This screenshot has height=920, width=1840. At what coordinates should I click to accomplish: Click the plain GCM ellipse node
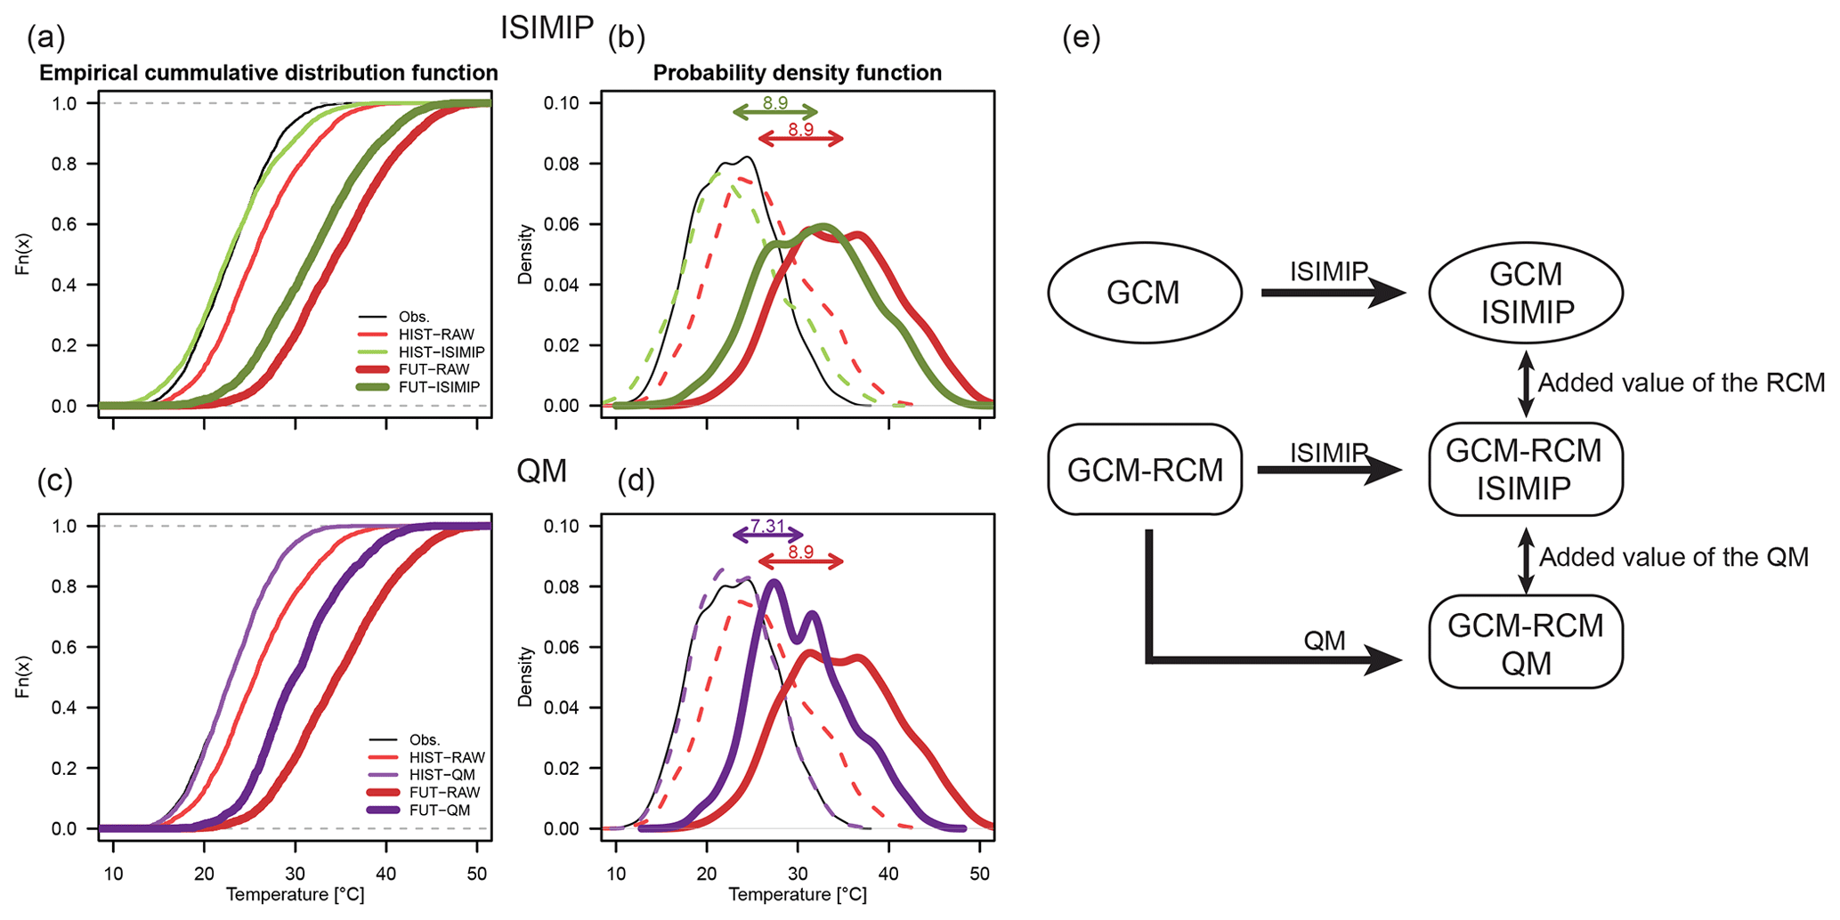pos(1144,293)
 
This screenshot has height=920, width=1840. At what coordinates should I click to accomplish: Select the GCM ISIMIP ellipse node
pos(1526,293)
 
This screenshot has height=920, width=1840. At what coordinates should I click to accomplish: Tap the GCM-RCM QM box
pos(1526,644)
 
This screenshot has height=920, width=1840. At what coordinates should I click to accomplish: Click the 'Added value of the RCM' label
pos(1682,383)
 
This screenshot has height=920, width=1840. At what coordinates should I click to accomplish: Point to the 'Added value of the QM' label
pos(1674,558)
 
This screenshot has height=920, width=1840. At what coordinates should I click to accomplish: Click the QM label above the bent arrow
pos(1324,641)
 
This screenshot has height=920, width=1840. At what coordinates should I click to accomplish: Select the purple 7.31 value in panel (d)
pos(767,527)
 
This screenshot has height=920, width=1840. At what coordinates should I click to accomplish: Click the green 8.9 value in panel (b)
pos(775,103)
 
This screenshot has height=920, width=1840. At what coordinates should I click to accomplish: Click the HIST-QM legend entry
pos(442,775)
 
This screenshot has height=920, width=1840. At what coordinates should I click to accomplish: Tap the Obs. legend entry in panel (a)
pos(414,317)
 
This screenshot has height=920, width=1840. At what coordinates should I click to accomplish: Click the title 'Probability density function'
pos(797,73)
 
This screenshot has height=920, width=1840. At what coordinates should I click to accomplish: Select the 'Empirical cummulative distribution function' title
pos(268,73)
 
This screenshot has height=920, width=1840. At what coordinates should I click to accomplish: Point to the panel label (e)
pos(1081,38)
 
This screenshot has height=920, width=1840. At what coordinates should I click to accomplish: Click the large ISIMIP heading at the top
pos(547,28)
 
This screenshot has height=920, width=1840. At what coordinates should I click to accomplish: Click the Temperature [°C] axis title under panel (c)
pos(295,895)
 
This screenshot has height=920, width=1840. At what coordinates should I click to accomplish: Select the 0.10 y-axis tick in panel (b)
pos(561,103)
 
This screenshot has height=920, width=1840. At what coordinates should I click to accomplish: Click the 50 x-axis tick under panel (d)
pos(979,874)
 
